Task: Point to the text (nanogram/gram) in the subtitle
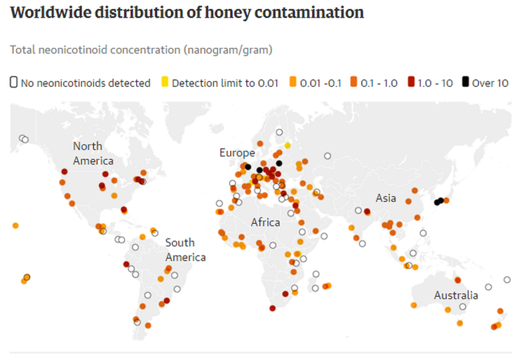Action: (x=226, y=50)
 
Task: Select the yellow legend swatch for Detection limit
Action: (x=166, y=83)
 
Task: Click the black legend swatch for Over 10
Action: (x=465, y=83)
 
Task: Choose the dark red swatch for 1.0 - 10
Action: (x=410, y=83)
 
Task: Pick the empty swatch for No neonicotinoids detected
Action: (x=14, y=83)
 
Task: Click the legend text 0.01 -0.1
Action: (x=320, y=83)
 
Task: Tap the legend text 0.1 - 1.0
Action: (x=379, y=83)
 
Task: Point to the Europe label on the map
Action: (x=236, y=152)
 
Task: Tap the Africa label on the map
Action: (x=266, y=222)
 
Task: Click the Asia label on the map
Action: (x=386, y=199)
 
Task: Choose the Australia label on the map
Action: (x=456, y=295)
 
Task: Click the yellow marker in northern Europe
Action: (x=288, y=145)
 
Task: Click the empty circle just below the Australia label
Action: (x=463, y=307)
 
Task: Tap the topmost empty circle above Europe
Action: (x=279, y=131)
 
